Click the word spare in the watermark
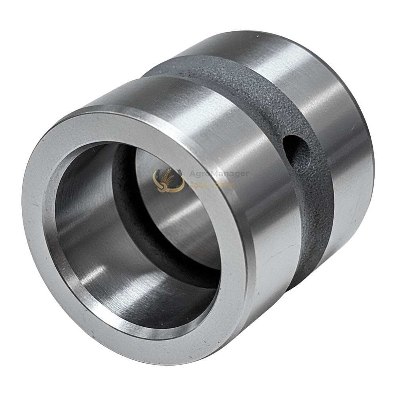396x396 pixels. click(x=200, y=185)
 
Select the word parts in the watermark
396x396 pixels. click(x=224, y=185)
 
